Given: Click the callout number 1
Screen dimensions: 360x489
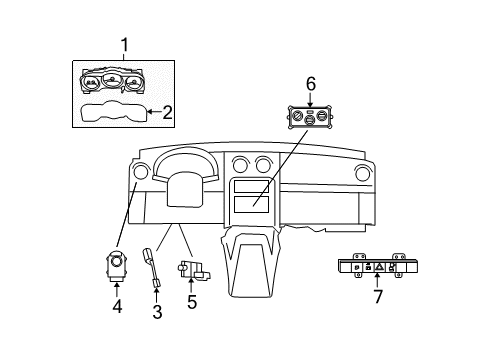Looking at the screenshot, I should tap(125, 44).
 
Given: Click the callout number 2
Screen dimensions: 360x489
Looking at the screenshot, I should tap(168, 112).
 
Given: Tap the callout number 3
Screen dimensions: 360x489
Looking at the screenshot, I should tap(157, 312).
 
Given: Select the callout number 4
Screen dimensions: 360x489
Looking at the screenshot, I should tap(117, 307).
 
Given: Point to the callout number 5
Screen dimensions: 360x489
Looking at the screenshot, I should tap(191, 300).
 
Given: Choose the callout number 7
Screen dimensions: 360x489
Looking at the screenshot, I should tap(377, 297).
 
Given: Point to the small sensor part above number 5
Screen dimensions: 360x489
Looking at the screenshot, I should tap(190, 269).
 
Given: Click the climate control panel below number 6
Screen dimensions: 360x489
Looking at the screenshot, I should tap(311, 118).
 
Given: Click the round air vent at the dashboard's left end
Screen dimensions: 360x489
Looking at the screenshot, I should tap(139, 174).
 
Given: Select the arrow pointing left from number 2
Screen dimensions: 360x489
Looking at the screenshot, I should tap(152, 112).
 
